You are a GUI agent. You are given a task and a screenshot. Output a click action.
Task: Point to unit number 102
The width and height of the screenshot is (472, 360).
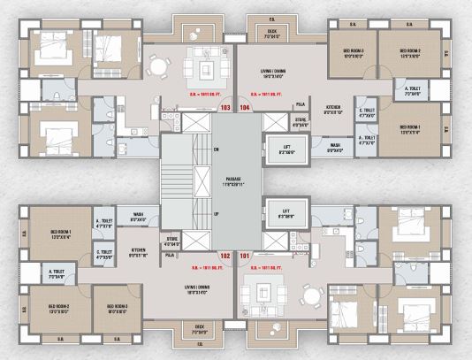click(x=225, y=257)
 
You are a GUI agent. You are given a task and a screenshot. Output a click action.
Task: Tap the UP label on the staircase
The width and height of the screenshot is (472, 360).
click(x=216, y=215)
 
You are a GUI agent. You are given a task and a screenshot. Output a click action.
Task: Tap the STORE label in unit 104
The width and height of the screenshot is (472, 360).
click(x=301, y=121)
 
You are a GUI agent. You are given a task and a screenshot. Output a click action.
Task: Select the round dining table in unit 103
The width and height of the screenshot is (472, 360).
click(x=157, y=65)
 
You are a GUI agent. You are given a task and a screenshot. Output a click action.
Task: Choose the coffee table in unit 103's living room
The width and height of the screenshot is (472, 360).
click(x=206, y=67)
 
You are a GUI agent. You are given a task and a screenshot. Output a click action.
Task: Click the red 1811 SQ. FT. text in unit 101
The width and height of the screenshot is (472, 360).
click(x=265, y=266)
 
